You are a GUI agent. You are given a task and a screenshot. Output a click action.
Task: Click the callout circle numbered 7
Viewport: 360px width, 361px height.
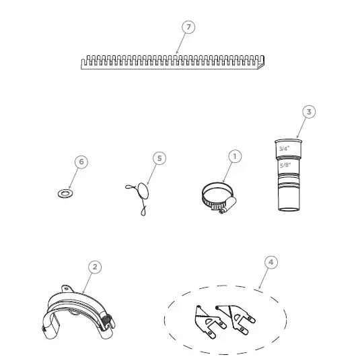189,27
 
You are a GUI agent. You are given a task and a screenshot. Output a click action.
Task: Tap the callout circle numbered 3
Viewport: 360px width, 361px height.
309,111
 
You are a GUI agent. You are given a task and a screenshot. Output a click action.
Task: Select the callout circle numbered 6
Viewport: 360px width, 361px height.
81,162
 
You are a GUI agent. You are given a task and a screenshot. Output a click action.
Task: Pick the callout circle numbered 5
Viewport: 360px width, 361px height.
159,158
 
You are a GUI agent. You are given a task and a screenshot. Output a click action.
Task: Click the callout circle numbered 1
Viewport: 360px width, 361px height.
235,156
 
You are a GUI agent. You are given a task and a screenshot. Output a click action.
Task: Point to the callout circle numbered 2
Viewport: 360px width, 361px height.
95,267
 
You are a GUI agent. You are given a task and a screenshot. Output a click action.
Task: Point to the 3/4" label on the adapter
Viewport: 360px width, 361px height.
284,147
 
